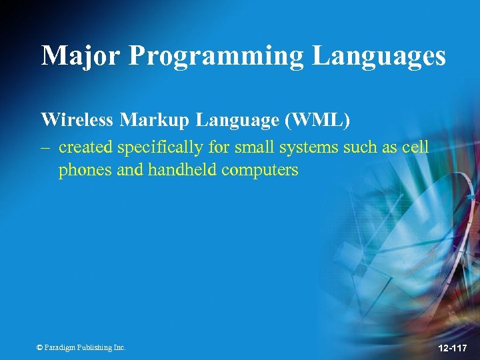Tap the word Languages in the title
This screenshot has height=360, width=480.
coord(379,56)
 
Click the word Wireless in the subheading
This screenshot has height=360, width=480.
coord(77,120)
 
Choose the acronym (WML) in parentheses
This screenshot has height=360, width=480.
coord(316,120)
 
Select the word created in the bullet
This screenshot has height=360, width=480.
coord(85,147)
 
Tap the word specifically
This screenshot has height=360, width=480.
coord(160,147)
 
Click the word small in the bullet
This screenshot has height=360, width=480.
coord(254,147)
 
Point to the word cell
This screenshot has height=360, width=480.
coord(415,147)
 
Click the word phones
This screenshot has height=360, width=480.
coord(85,170)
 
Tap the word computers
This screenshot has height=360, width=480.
coord(260,170)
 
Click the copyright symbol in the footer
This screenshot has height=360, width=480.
coord(39,347)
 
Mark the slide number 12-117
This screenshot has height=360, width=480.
coord(453,348)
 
